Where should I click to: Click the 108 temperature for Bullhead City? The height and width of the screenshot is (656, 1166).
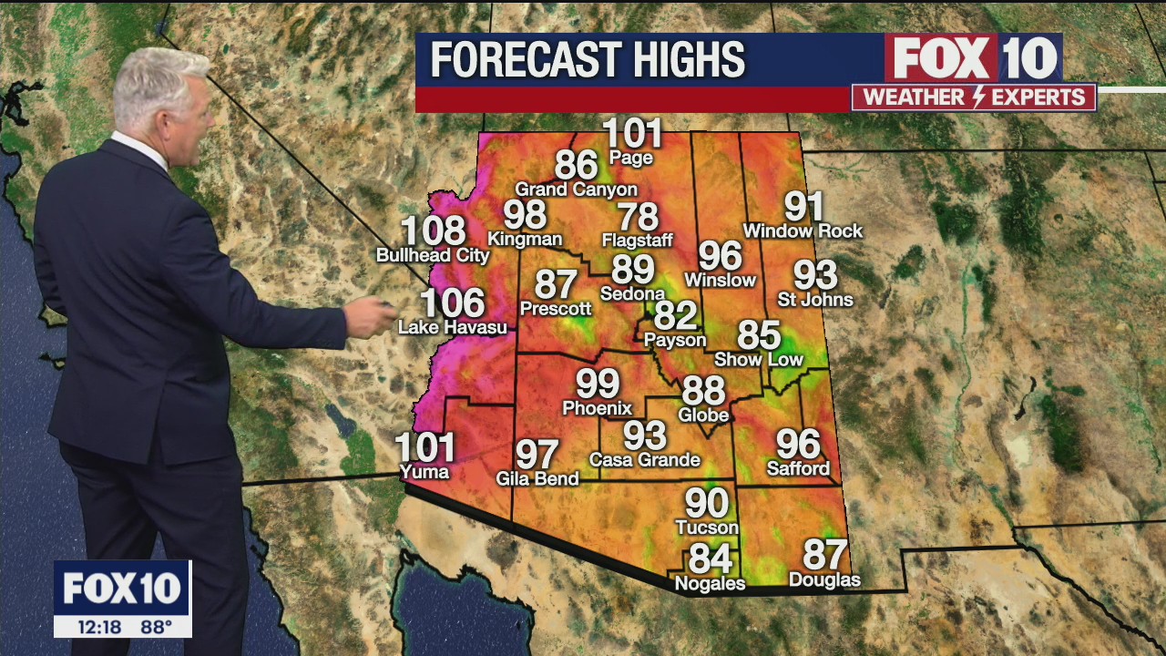pos(434,231)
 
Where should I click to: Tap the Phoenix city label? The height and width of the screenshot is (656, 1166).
pos(597,407)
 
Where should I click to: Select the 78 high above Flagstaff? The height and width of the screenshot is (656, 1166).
pos(638,217)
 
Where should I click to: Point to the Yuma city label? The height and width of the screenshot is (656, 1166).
pos(424,471)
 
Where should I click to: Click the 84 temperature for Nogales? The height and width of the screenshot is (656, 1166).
pos(711,558)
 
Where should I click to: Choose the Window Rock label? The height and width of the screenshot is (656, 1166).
pos(803,231)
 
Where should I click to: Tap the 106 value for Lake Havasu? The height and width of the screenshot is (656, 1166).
pos(453,303)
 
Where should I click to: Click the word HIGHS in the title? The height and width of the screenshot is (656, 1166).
pos(678,60)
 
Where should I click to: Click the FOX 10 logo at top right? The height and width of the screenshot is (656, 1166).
pos(974,57)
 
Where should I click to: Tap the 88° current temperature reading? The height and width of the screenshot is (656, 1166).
pos(157,627)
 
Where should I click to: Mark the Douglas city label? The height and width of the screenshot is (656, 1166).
pos(823,580)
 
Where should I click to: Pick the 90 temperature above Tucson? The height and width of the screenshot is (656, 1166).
pos(707,503)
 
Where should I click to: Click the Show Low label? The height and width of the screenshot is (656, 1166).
pos(758,359)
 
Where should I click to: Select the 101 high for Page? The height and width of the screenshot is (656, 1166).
pos(632,134)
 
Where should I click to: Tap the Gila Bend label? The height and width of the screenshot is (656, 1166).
pos(537,478)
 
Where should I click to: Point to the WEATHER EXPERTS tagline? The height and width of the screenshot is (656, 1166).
pos(974,97)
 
